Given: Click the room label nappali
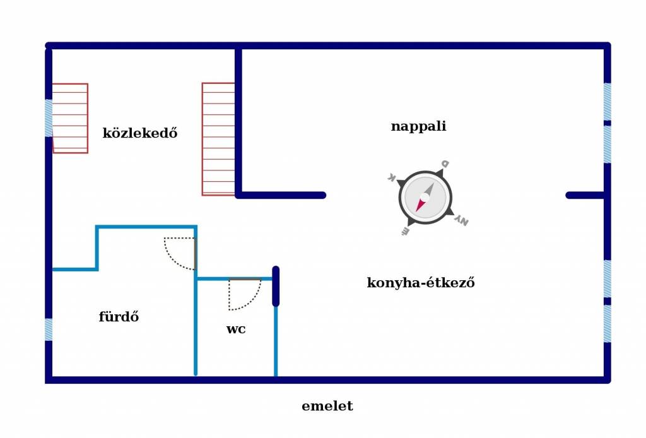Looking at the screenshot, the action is click(x=418, y=126).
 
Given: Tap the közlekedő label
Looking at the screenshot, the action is click(x=140, y=133).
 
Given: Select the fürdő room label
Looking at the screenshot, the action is click(x=119, y=316).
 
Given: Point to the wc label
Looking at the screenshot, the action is click(x=236, y=329).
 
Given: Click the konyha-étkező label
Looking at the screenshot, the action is click(x=421, y=282).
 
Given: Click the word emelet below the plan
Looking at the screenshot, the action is click(x=327, y=406).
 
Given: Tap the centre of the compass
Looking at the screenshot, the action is click(x=425, y=198).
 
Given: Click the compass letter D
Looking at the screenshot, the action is click(x=445, y=163).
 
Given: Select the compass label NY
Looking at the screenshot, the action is click(x=462, y=222).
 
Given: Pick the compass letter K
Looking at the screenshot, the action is click(x=392, y=177).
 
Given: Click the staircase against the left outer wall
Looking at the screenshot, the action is click(x=70, y=118).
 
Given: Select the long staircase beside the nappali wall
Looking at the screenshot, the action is click(x=218, y=139).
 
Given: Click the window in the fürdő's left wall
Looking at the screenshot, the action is click(x=49, y=329).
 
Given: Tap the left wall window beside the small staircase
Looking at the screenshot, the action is click(x=49, y=118).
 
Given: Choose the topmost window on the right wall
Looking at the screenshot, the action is click(x=608, y=102).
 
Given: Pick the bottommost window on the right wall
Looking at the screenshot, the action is click(x=608, y=324).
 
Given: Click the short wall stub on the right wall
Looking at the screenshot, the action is click(x=585, y=195).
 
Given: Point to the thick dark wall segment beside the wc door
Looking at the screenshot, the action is click(x=276, y=287).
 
